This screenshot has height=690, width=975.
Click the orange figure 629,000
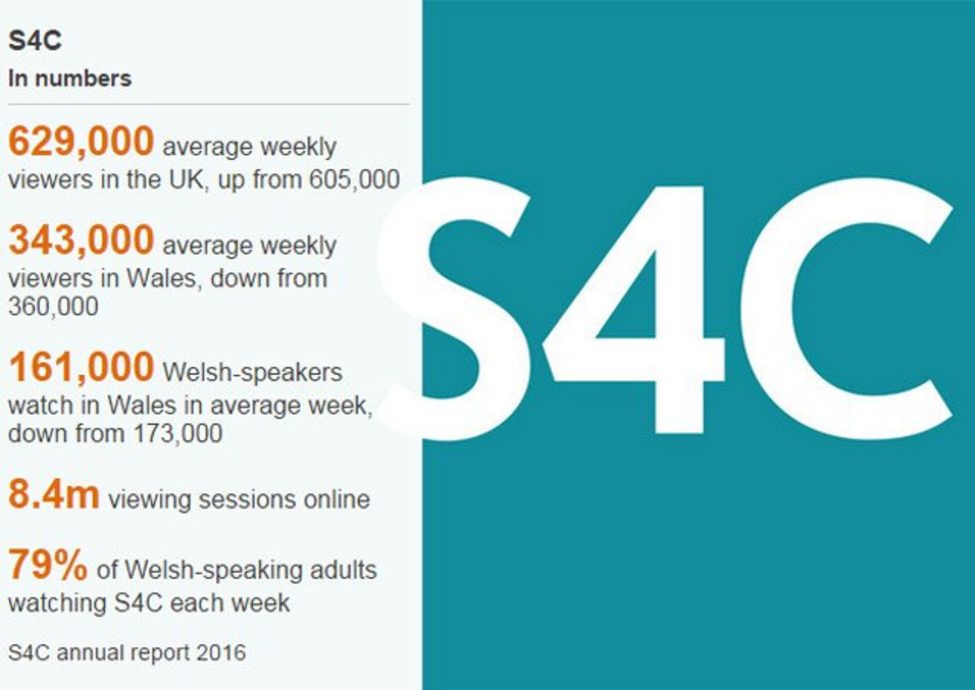pos(81,142)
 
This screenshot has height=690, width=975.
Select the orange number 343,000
pos(81,240)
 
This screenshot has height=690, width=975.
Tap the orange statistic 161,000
pos(81,367)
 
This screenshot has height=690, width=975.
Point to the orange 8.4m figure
pos(53,495)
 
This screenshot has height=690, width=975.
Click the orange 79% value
pos(48,566)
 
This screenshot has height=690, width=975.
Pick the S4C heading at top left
pos(35,43)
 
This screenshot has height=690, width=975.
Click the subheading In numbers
pos(70,78)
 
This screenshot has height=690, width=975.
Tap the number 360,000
pos(53,307)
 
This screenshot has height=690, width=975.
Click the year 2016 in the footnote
pos(221,653)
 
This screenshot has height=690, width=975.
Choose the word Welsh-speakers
pos(252,372)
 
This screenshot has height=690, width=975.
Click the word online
pos(336,499)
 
